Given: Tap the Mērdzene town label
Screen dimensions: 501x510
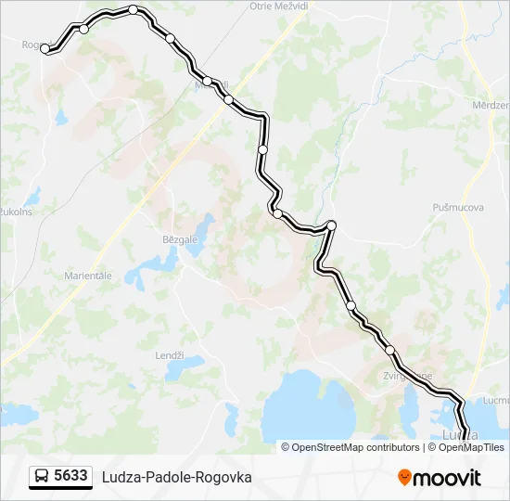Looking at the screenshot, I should pos(491,106).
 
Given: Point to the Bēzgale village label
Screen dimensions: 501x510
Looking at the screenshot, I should pos(180,239).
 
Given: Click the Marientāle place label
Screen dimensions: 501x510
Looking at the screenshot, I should pos(88,276).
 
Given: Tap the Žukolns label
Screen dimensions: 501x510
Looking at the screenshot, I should pos(15,212).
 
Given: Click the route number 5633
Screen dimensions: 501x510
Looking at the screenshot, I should pos(70,476).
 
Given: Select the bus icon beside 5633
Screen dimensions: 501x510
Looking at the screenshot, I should pos(41,477).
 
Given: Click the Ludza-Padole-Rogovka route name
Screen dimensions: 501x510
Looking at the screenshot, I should pos(176,477).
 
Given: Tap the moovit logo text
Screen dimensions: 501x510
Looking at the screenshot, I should pos(447,478).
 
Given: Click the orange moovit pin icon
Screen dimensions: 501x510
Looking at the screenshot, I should pos(404,478).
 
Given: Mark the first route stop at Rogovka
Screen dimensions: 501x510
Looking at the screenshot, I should pos(45,48).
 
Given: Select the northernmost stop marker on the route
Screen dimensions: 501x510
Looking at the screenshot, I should pos(134,10).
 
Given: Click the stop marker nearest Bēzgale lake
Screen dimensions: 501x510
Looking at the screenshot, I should pos(277,213).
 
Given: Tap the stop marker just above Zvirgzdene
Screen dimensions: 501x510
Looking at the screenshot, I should pos(389,350).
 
